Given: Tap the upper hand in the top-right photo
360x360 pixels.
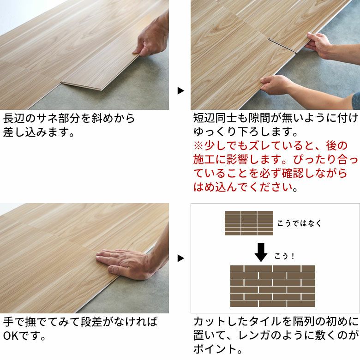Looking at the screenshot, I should coord(319,44).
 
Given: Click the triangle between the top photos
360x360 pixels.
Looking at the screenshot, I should coord(180,90).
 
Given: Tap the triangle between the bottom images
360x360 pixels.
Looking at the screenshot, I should coord(180,258).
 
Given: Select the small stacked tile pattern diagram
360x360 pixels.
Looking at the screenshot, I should coord(249,223).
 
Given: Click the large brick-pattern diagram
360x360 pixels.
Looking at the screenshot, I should coord(272,286).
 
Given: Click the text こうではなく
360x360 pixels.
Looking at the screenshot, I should coord(299,223).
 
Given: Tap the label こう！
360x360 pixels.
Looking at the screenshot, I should coord(284,256).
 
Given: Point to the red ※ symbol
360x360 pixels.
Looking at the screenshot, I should coord(198,146).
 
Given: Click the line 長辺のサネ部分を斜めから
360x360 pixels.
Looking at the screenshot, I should coord(69,119).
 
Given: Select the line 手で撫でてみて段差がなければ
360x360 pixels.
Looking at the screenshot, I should coord(80,322).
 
